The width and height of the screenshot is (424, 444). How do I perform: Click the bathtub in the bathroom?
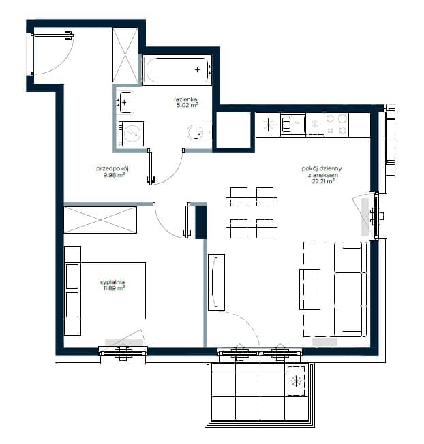(177, 69)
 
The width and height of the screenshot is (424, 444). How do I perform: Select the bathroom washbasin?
(125, 102)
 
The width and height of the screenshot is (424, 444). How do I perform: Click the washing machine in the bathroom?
(131, 133)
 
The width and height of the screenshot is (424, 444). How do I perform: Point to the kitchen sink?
(292, 125)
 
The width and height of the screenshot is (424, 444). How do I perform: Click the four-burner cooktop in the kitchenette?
(336, 125)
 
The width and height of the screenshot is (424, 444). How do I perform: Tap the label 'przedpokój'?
(112, 168)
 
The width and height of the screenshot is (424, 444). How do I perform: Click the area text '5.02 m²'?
(187, 105)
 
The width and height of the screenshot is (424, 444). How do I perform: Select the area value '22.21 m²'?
(323, 181)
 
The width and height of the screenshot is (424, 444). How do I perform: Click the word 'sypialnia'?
(112, 282)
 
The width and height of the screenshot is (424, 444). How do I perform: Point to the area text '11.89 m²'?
(115, 288)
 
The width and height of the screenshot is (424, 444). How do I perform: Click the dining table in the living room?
(252, 212)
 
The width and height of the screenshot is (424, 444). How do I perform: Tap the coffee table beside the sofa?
(309, 289)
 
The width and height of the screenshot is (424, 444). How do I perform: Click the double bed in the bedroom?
(105, 291)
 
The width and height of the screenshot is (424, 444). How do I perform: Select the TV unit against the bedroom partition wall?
(216, 282)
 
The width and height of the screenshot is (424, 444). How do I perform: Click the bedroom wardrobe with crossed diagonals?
(100, 220)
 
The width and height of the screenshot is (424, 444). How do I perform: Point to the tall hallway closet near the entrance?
(125, 55)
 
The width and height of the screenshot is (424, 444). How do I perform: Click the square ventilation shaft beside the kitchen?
(233, 130)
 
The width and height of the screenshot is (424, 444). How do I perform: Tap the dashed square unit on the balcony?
(296, 381)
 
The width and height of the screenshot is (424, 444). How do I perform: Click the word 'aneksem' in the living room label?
(323, 175)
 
